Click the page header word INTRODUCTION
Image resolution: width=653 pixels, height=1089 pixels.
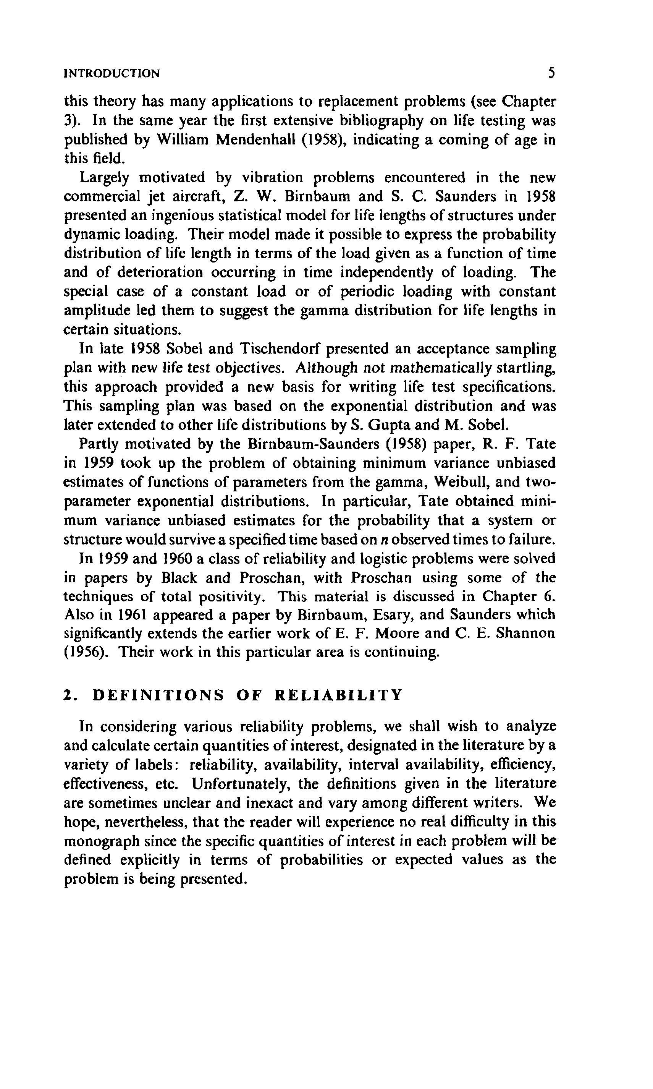(x=112, y=73)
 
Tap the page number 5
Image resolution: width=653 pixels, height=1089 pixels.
(x=551, y=73)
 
